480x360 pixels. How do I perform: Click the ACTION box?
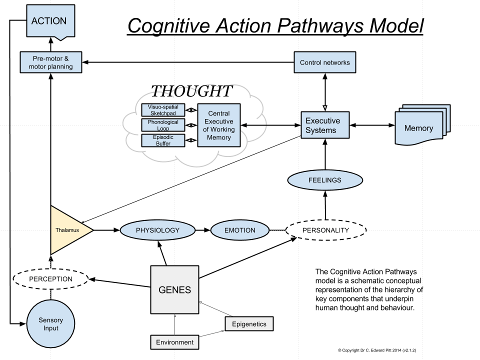[49, 21]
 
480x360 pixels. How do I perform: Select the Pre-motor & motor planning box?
[50, 62]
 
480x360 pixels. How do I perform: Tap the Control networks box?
[324, 62]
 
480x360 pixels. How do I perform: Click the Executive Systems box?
[324, 125]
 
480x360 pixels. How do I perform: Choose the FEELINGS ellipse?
[324, 180]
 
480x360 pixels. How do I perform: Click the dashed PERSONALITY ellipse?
[325, 230]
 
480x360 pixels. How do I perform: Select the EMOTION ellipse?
[239, 230]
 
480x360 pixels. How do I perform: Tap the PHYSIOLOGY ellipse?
[157, 230]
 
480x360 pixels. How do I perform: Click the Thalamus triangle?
[67, 230]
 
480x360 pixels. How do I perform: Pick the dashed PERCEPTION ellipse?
[50, 278]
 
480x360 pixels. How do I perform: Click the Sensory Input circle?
[50, 324]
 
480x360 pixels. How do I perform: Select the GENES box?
[174, 290]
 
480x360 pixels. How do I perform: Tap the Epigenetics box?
[249, 324]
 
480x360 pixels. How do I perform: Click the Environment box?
[174, 342]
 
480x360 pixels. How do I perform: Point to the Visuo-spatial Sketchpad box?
[163, 109]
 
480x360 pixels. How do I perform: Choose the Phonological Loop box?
[163, 124]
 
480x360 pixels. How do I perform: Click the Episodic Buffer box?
[163, 140]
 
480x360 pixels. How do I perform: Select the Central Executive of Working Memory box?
[218, 125]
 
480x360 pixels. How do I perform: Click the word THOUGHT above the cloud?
[191, 91]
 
